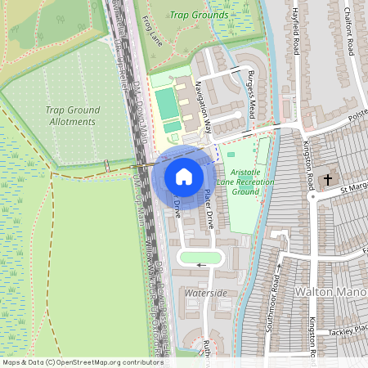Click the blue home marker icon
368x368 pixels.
tap(184, 177)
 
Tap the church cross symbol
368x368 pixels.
tap(328, 179)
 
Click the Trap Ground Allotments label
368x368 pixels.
tap(72, 115)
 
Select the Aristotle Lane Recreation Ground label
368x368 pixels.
tap(252, 182)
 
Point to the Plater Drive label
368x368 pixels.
tap(210, 209)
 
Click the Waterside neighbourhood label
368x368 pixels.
tap(206, 292)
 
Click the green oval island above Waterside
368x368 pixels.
tap(200, 259)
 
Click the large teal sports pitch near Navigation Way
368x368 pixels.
tap(166, 105)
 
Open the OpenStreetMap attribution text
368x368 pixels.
tap(82, 362)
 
